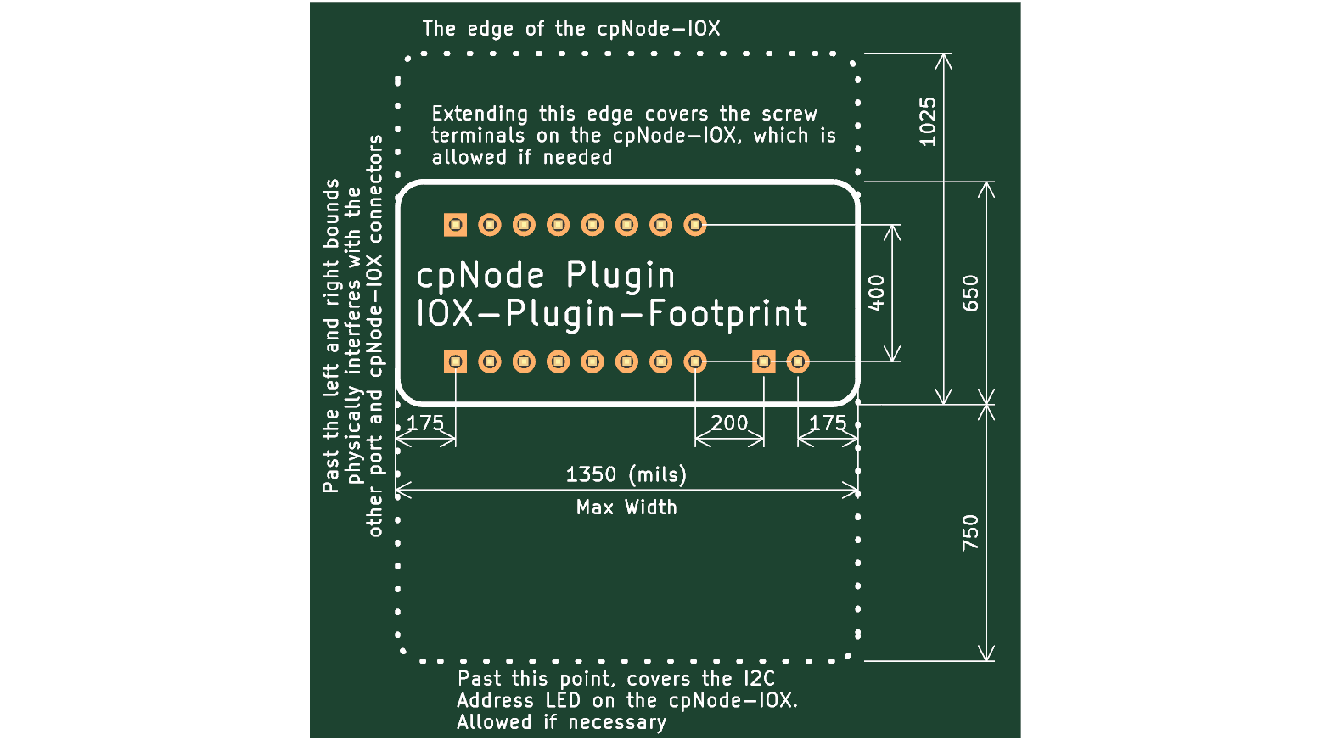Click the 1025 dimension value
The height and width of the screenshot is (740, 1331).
pyautogui.click(x=928, y=121)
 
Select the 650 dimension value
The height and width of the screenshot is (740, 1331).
pyautogui.click(x=970, y=294)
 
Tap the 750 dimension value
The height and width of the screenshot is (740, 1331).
pyautogui.click(x=970, y=533)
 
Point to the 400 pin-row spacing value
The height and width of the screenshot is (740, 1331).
pyautogui.click(x=876, y=294)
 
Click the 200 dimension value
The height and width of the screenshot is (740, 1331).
pyautogui.click(x=729, y=423)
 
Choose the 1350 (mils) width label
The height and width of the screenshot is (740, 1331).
pyautogui.click(x=626, y=474)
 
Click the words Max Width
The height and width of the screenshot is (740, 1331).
pyautogui.click(x=626, y=507)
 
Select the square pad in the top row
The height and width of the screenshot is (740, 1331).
pyautogui.click(x=455, y=225)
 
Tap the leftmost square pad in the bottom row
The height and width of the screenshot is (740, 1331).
pyautogui.click(x=455, y=362)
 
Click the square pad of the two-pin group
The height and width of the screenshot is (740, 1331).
pyautogui.click(x=764, y=362)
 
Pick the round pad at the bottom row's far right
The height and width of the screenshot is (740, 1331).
pyautogui.click(x=798, y=362)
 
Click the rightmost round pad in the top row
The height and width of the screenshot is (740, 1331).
pyautogui.click(x=695, y=225)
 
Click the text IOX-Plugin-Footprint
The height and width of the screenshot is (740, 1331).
pyautogui.click(x=612, y=314)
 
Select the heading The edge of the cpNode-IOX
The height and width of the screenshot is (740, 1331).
pyautogui.click(x=571, y=29)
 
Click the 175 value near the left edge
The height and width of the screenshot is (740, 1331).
pyautogui.click(x=425, y=423)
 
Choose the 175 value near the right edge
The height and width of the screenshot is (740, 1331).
pyautogui.click(x=828, y=423)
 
